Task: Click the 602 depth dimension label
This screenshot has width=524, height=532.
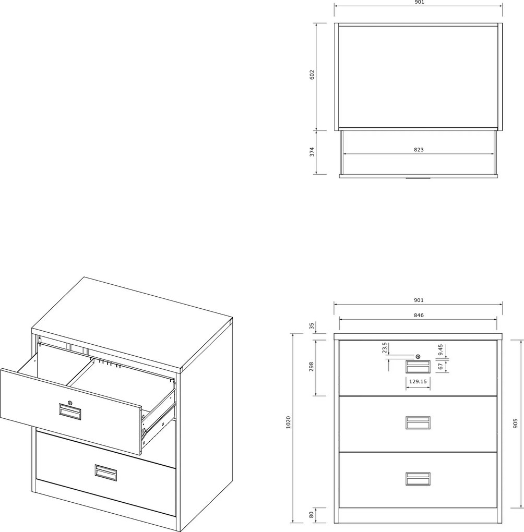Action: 312,75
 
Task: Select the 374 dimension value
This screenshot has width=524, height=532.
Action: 312,152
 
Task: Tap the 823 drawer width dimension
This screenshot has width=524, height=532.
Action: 419,150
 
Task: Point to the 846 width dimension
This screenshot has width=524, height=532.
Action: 419,315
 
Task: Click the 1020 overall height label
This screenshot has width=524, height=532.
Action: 288,422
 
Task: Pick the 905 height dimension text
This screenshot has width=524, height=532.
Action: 516,424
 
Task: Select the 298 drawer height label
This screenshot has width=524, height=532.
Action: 312,367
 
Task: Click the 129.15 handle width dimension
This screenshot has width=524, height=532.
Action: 418,381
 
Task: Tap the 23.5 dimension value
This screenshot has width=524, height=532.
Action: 385,348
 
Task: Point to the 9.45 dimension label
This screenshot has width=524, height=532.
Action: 440,350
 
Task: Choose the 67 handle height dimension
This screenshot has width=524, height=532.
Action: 440,367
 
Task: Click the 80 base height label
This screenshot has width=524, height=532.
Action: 312,515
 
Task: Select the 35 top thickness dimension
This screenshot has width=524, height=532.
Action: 312,327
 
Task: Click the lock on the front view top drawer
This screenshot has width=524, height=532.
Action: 418,357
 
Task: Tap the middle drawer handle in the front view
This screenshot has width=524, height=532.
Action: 418,423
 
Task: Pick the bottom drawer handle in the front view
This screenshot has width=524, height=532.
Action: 418,479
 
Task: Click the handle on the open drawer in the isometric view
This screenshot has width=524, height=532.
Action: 70,412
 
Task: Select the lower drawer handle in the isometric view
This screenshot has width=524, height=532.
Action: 105,473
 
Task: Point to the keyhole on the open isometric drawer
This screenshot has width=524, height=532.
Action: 70,403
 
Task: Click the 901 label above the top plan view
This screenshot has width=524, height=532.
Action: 419,2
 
